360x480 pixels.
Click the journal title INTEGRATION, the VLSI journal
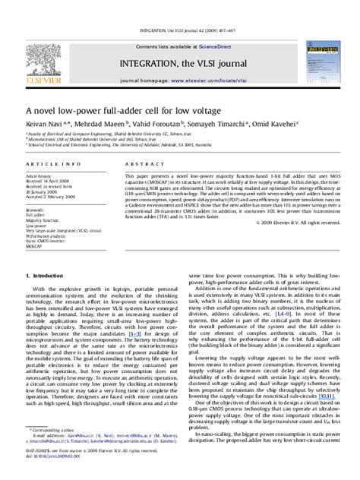point(180,55)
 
